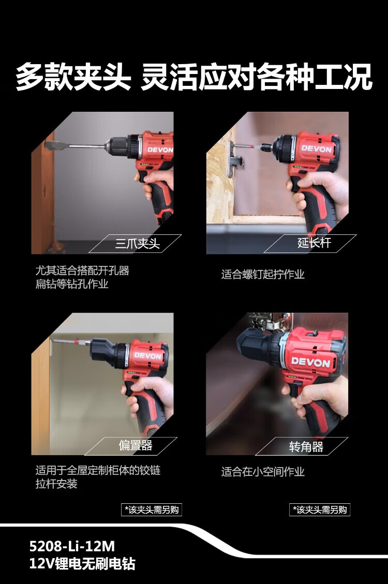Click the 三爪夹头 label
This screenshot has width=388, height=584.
138,244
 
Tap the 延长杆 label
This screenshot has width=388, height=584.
314,243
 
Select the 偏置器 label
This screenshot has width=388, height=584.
136,445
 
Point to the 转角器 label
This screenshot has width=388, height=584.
306,446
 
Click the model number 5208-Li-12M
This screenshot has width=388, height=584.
72,546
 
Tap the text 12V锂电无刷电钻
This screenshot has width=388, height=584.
82,563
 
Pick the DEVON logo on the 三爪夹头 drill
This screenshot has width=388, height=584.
160,149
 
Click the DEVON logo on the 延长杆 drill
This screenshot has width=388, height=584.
316,149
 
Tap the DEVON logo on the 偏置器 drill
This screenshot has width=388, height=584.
148,356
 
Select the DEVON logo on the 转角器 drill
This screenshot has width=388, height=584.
310,362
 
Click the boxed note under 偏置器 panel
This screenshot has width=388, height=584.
152,510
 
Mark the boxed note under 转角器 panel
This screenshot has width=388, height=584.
320,510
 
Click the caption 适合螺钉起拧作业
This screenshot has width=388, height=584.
263,275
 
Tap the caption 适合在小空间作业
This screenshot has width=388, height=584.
263,472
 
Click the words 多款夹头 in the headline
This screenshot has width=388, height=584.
73,77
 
